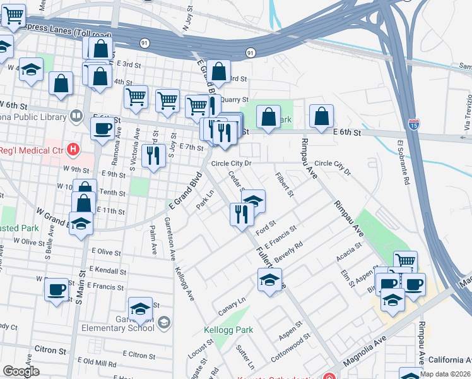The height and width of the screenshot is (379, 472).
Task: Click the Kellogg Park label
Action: tap(228, 330)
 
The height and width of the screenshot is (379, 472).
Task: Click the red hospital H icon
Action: tap(73, 150)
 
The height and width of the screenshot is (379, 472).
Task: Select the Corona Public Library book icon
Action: tap(76, 116)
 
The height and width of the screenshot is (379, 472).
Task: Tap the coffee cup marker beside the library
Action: tap(102, 128)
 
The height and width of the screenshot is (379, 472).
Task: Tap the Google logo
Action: tap(21, 371)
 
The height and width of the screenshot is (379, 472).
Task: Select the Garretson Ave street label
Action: tap(170, 239)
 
